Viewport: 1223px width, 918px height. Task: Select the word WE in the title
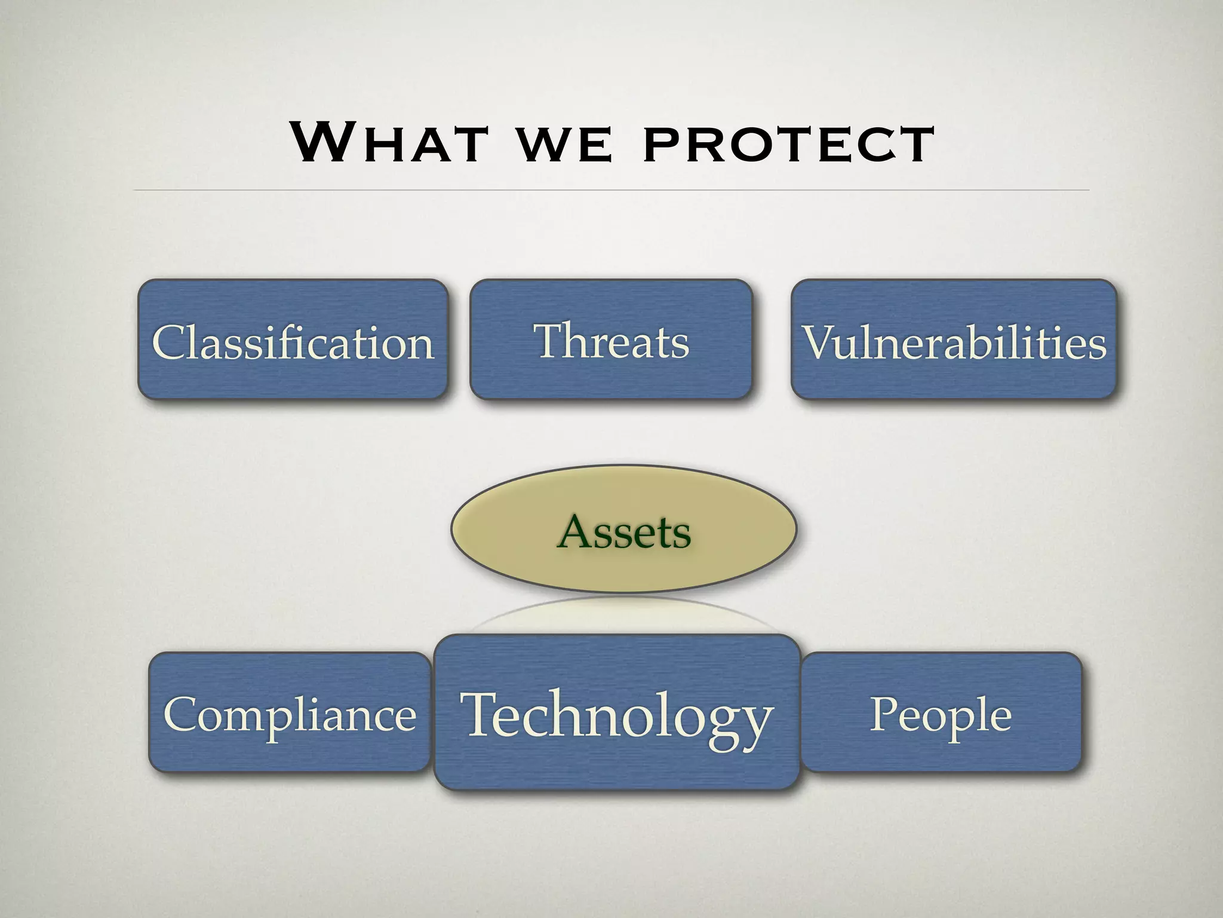click(564, 145)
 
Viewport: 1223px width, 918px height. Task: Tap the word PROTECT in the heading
click(788, 145)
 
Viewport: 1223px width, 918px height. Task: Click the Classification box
click(293, 339)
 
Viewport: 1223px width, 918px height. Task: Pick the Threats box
click(611, 339)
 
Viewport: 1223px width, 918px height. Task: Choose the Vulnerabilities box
click(954, 339)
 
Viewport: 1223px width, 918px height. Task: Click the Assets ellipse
click(623, 530)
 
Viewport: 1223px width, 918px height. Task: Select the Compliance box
click(290, 712)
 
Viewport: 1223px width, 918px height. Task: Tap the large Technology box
click(616, 712)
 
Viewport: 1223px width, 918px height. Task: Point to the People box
click(941, 712)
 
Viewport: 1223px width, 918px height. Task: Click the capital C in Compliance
click(180, 714)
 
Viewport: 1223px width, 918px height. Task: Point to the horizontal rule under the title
click(611, 190)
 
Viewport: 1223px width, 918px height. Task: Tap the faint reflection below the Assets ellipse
click(623, 616)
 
